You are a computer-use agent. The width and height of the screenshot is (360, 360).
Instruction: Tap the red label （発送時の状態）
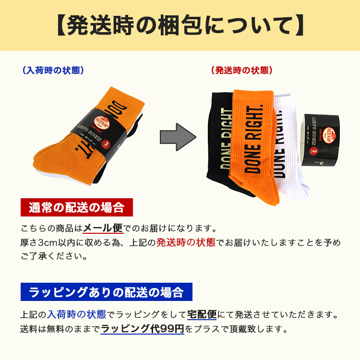[241, 70]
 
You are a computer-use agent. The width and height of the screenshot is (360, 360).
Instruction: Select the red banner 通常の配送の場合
[76, 208]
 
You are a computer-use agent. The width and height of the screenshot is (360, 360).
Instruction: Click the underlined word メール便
[103, 228]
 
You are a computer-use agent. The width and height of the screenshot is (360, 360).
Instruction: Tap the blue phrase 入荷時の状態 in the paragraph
[76, 315]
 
